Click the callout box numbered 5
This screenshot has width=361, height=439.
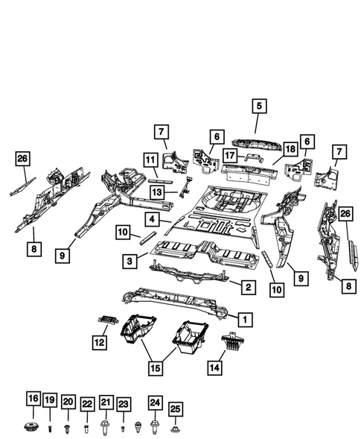[258, 106]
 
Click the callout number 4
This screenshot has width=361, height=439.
[151, 219]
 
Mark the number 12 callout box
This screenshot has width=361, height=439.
[100, 342]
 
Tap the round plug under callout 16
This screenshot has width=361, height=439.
[33, 428]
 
